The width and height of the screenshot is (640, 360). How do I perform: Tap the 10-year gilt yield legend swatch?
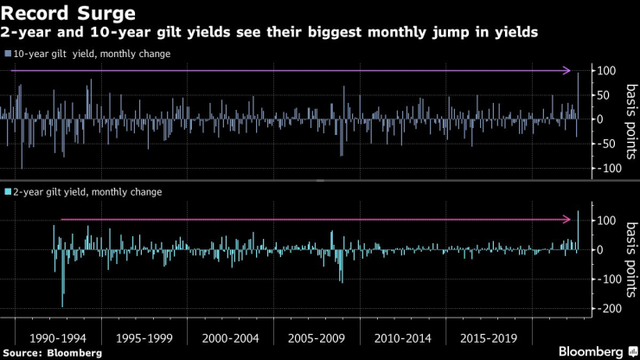8,54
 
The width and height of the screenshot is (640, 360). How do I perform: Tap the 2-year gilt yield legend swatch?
8,191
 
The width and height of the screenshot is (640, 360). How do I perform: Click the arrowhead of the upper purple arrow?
568,71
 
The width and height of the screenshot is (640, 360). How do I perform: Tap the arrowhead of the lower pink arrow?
568,220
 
